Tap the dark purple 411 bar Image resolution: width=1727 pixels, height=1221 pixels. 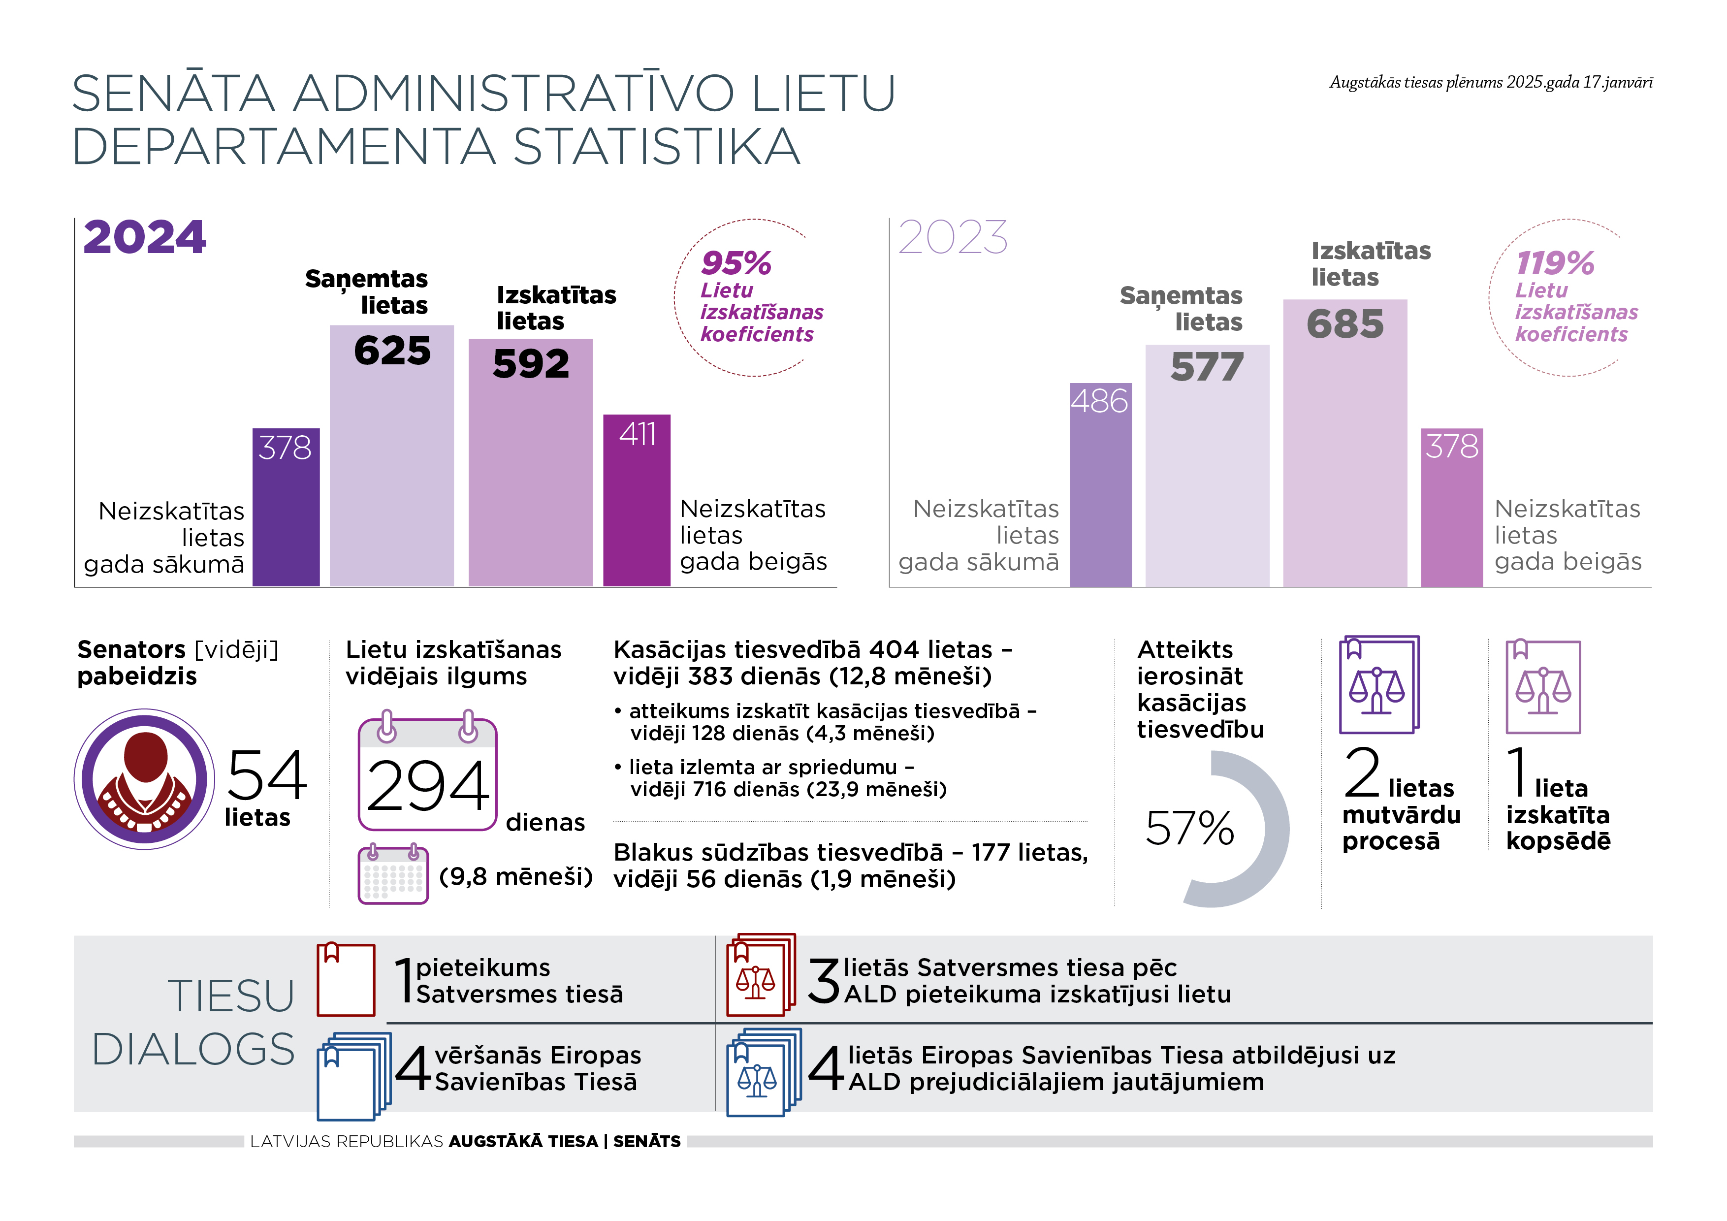pos(637,500)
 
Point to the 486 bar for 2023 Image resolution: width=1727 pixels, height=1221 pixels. pos(1100,484)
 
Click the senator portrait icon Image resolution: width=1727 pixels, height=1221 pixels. pos(144,779)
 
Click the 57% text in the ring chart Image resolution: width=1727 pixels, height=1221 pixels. pos(1189,828)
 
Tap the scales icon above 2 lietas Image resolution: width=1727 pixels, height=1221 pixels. pos(1379,685)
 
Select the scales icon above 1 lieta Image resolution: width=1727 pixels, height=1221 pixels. pos(1543,686)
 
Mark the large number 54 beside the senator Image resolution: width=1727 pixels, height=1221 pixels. pos(266,775)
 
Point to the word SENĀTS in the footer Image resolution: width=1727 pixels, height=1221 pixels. pos(647,1141)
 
